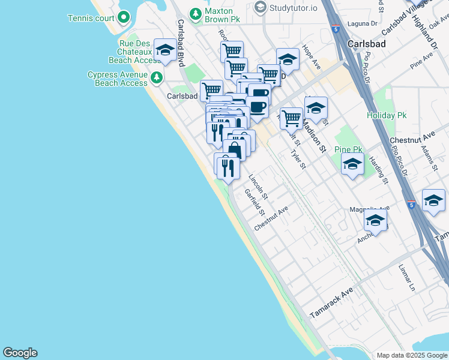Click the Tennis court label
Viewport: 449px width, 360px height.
point(91,18)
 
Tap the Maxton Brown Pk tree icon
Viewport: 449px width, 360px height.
point(194,13)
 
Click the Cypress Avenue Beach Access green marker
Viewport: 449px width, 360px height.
point(157,77)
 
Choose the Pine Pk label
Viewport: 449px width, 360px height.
point(349,149)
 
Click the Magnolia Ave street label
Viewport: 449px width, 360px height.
point(369,208)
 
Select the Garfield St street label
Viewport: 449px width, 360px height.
point(255,202)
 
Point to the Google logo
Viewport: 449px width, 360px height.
point(20,353)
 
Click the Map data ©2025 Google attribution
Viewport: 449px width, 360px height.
point(412,355)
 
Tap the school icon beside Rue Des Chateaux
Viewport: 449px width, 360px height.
point(164,50)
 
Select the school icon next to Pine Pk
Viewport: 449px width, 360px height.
point(352,163)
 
